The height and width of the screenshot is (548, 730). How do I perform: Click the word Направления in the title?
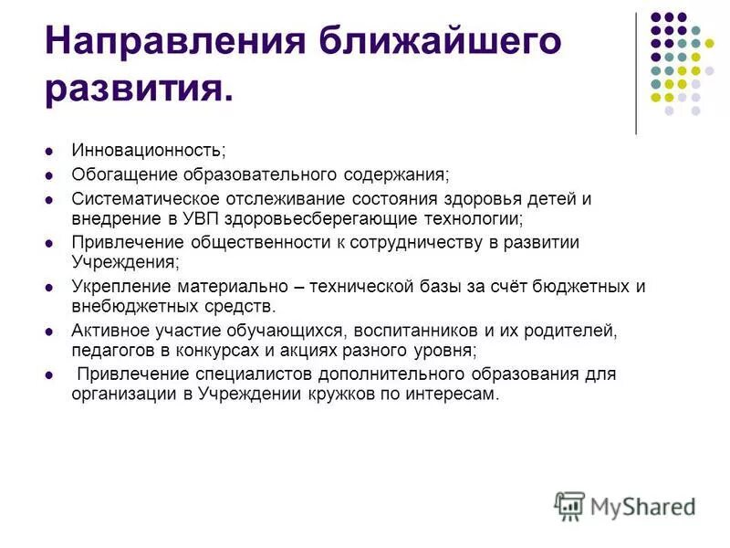click(x=171, y=43)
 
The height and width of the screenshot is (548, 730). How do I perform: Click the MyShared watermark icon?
click(x=570, y=505)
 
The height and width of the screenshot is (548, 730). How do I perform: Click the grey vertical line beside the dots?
click(x=636, y=73)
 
